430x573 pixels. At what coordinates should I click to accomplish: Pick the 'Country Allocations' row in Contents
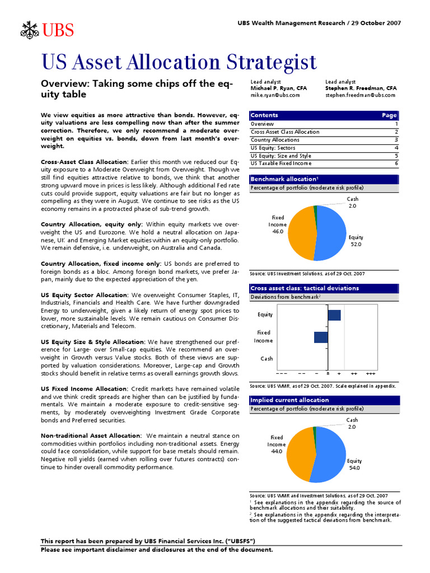coord(275,140)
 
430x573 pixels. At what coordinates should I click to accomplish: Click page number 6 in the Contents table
coord(396,163)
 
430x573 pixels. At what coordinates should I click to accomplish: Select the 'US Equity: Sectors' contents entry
coord(273,148)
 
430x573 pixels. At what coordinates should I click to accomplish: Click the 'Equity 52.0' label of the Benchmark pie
coord(356,241)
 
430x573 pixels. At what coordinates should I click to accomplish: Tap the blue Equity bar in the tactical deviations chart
coord(334,315)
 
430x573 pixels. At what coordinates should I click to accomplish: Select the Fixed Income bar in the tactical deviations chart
coord(321,337)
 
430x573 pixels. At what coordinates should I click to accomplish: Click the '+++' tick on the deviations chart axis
coord(370,373)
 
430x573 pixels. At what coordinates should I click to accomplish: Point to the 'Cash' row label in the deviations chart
coord(267,358)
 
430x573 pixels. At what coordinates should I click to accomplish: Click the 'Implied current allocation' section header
coord(289,400)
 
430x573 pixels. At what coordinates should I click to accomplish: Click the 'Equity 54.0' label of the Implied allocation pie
coord(354,464)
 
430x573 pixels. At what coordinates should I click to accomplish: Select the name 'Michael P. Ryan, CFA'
coord(278,88)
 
